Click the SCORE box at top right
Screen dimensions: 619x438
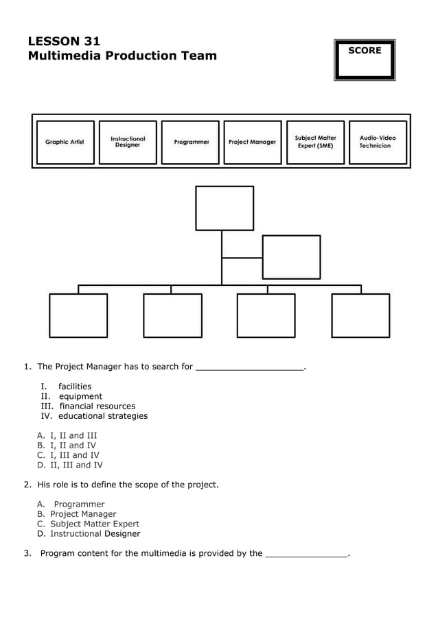click(365, 60)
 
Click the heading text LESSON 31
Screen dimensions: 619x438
click(64, 41)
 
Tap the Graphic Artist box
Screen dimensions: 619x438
click(65, 142)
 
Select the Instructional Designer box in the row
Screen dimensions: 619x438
click(128, 142)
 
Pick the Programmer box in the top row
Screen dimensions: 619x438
click(191, 142)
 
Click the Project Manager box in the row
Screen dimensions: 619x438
click(252, 142)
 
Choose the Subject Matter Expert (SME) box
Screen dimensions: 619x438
click(315, 142)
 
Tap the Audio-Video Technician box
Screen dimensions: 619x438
click(378, 142)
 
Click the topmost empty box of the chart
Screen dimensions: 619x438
click(224, 208)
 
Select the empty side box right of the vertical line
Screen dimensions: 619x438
click(291, 257)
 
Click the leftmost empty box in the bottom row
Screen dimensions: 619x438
click(78, 315)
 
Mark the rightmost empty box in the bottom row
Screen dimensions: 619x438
click(360, 315)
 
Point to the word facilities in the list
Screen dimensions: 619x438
click(74, 387)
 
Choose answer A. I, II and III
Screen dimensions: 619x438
click(67, 435)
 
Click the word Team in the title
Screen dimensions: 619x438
click(198, 56)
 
